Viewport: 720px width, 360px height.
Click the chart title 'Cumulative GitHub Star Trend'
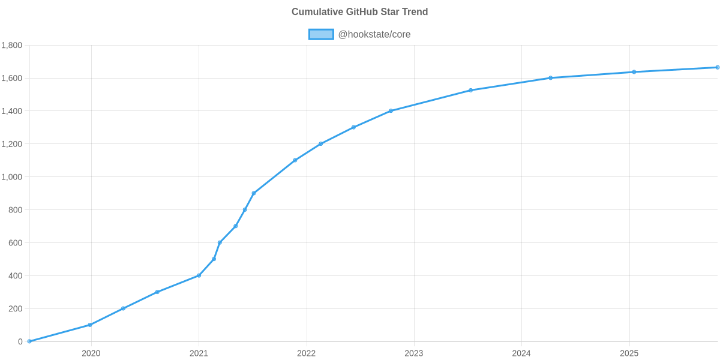pos(359,12)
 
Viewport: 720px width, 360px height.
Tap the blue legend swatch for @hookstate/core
pos(320,34)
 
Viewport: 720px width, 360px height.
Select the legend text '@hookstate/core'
pos(374,34)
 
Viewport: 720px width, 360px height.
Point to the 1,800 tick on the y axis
pos(12,46)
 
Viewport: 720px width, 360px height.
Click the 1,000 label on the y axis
pos(12,177)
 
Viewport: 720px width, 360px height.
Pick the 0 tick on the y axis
pos(20,342)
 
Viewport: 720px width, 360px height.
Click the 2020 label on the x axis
pos(91,353)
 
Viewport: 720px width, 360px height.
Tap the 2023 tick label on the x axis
pos(414,353)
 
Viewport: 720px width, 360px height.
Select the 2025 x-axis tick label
pos(629,353)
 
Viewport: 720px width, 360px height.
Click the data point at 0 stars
pos(29,341)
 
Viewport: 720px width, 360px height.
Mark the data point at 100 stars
pos(89,325)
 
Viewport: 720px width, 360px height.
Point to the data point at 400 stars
pos(199,275)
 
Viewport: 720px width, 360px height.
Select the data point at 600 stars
pos(220,242)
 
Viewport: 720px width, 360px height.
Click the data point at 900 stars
pos(253,193)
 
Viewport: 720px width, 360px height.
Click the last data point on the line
pos(717,67)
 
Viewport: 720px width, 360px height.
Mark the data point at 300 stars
pos(157,292)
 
